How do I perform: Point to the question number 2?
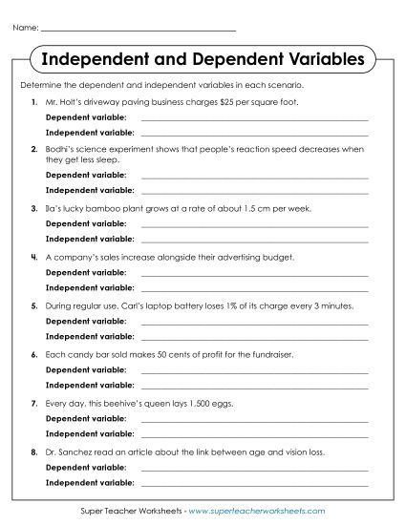point(34,150)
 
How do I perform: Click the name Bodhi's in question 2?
point(58,150)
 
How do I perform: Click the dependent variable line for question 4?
point(254,275)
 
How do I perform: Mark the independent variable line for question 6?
point(254,387)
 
